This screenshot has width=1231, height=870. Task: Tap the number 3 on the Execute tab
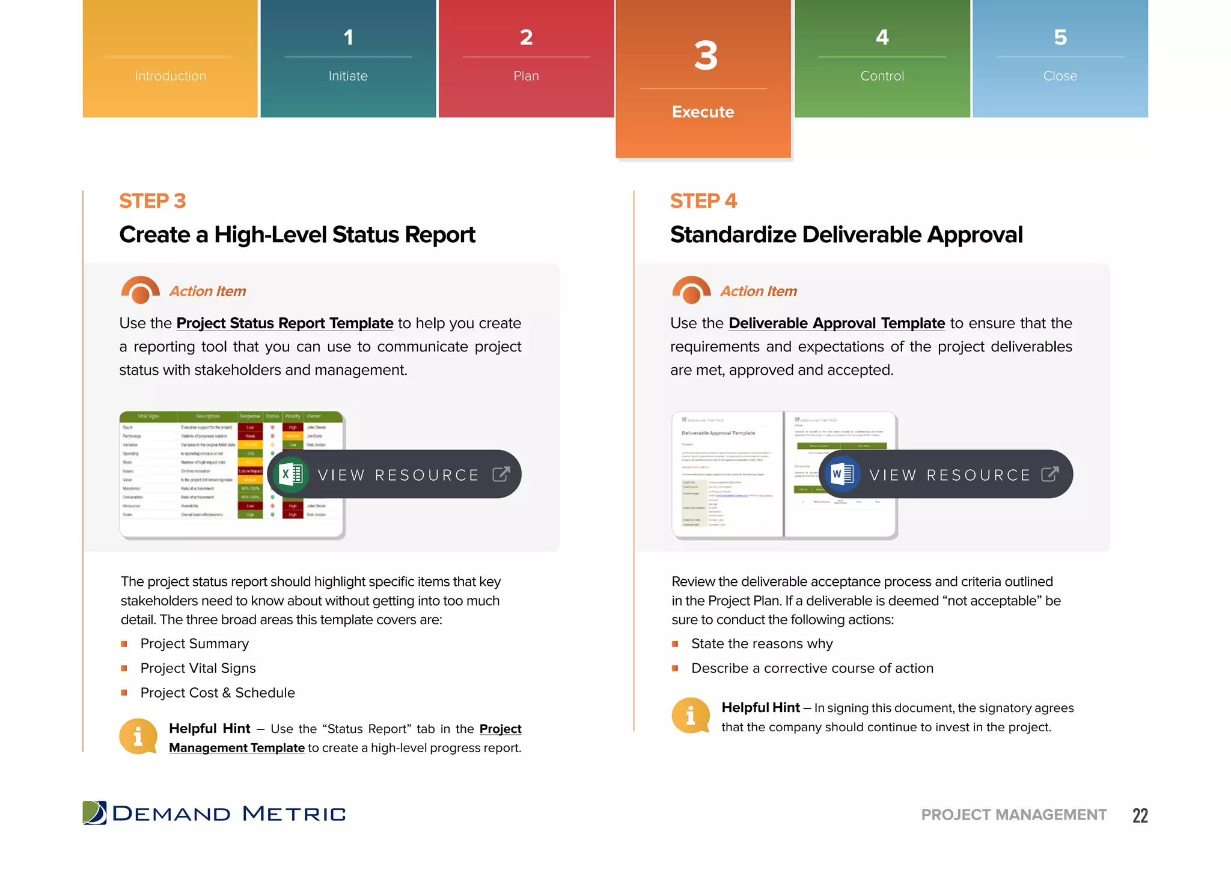705,56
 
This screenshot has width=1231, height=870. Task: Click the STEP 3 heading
153,201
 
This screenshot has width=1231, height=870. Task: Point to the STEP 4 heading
703,201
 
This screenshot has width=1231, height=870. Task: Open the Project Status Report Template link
284,323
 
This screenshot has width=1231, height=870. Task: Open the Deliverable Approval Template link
836,323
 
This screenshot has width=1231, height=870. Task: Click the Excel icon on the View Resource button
291,475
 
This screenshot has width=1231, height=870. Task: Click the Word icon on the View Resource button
842,475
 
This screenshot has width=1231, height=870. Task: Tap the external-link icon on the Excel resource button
501,475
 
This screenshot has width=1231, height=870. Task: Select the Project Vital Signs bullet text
198,668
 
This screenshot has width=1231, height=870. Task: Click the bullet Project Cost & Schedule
218,693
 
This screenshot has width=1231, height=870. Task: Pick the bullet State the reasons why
762,643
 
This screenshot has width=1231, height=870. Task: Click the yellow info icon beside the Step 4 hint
690,716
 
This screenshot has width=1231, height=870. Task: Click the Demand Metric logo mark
94,813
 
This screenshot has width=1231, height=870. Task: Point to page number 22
1140,815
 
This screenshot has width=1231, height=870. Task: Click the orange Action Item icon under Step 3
140,290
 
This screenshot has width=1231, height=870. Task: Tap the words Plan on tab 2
526,76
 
